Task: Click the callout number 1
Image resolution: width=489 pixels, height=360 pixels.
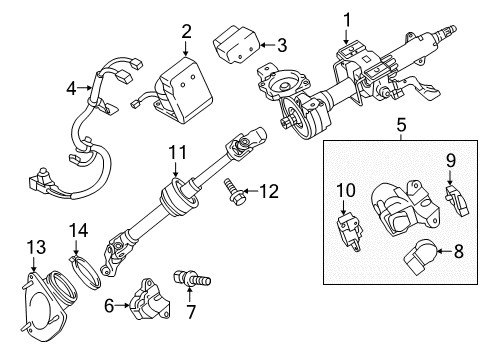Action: click(347, 19)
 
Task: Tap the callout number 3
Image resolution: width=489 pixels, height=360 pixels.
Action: click(282, 44)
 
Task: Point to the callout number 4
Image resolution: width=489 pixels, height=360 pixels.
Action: click(71, 89)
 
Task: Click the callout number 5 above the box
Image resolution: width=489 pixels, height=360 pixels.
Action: click(400, 126)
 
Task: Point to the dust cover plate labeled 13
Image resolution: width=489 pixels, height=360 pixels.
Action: click(45, 301)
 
